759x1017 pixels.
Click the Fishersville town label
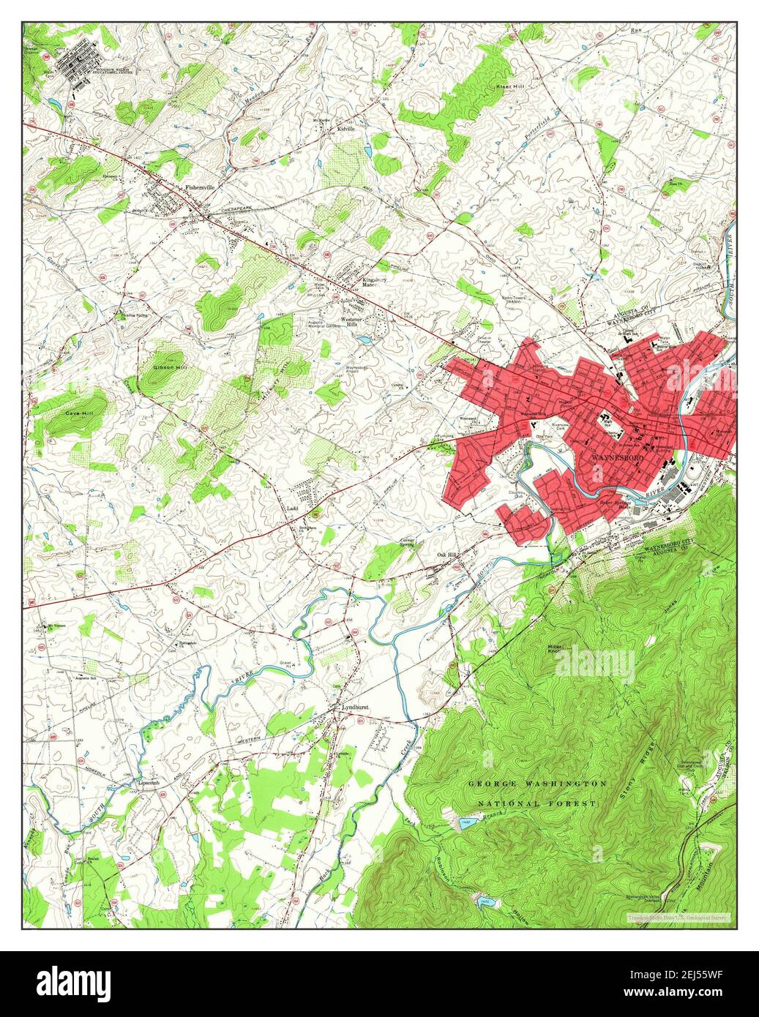click(200, 187)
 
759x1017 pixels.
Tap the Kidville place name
click(345, 129)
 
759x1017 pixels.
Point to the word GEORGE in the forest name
click(498, 784)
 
